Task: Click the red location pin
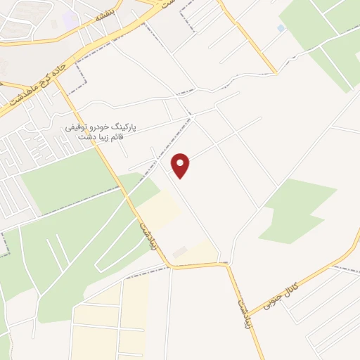(x=181, y=165)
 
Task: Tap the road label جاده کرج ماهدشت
(x=42, y=85)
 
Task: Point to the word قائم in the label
(x=116, y=137)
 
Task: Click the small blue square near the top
(x=281, y=28)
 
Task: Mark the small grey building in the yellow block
(x=179, y=251)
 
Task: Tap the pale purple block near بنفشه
(x=70, y=18)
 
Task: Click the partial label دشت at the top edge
(x=167, y=4)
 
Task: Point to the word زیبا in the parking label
(x=101, y=137)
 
